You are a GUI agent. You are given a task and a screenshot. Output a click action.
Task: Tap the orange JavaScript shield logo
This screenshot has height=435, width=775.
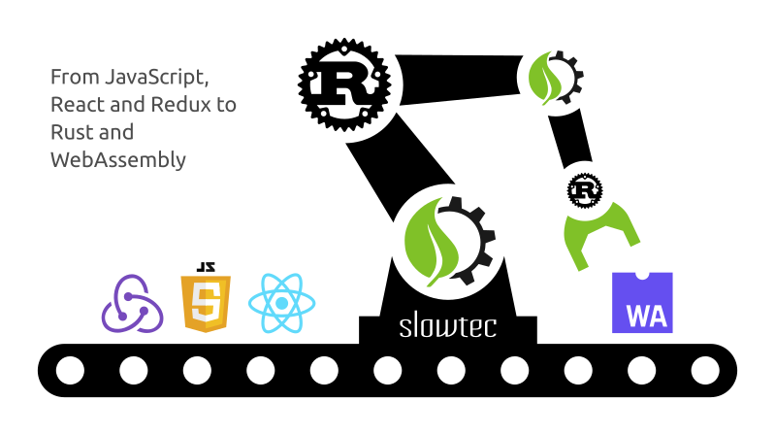[x=206, y=303]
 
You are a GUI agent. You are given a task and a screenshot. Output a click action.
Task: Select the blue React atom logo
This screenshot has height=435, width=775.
[x=281, y=303]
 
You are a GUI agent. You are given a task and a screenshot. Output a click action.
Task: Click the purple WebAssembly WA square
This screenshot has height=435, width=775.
[x=642, y=302]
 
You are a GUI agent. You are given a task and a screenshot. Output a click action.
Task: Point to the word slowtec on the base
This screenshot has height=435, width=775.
[x=448, y=326]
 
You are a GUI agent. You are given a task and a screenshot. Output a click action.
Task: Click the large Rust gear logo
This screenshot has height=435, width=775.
[x=344, y=84]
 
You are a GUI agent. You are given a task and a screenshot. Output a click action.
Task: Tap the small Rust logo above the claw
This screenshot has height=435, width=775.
[x=585, y=190]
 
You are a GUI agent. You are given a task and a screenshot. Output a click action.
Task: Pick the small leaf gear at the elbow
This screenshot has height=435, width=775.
[x=555, y=79]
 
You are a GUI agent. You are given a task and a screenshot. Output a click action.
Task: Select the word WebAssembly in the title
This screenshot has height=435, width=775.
[x=118, y=160]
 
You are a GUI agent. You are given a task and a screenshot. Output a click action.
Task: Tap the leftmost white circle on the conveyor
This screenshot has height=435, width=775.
[x=70, y=370]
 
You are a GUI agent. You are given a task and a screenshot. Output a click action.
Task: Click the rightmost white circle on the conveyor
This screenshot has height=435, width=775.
[x=705, y=370]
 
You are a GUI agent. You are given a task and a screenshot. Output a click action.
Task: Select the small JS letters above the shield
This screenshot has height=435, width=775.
[x=206, y=267]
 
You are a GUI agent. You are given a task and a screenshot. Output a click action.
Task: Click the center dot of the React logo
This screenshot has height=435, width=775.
[x=281, y=303]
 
